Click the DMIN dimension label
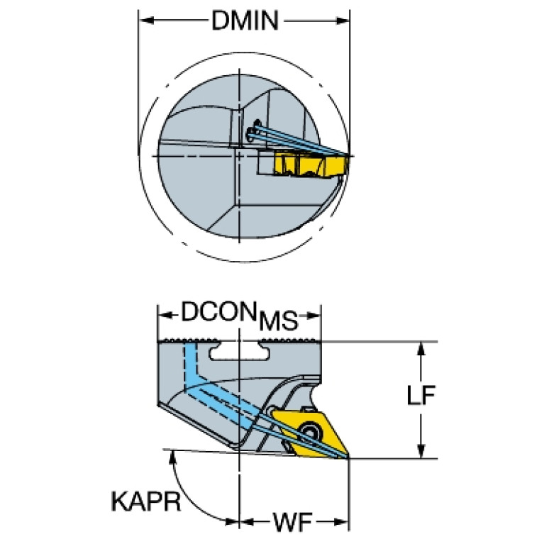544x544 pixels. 245,21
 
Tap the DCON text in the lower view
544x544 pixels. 218,311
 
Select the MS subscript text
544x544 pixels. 279,321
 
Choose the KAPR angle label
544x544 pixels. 145,501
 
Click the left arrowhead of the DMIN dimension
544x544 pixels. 145,21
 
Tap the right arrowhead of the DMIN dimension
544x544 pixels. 343,21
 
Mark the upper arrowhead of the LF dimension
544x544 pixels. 421,350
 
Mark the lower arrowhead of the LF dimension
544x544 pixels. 421,451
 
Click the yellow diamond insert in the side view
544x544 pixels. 311,433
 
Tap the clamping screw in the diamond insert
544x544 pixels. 308,432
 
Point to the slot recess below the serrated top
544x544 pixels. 240,352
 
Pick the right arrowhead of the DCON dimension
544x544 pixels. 313,316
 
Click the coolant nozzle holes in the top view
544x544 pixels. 253,131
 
